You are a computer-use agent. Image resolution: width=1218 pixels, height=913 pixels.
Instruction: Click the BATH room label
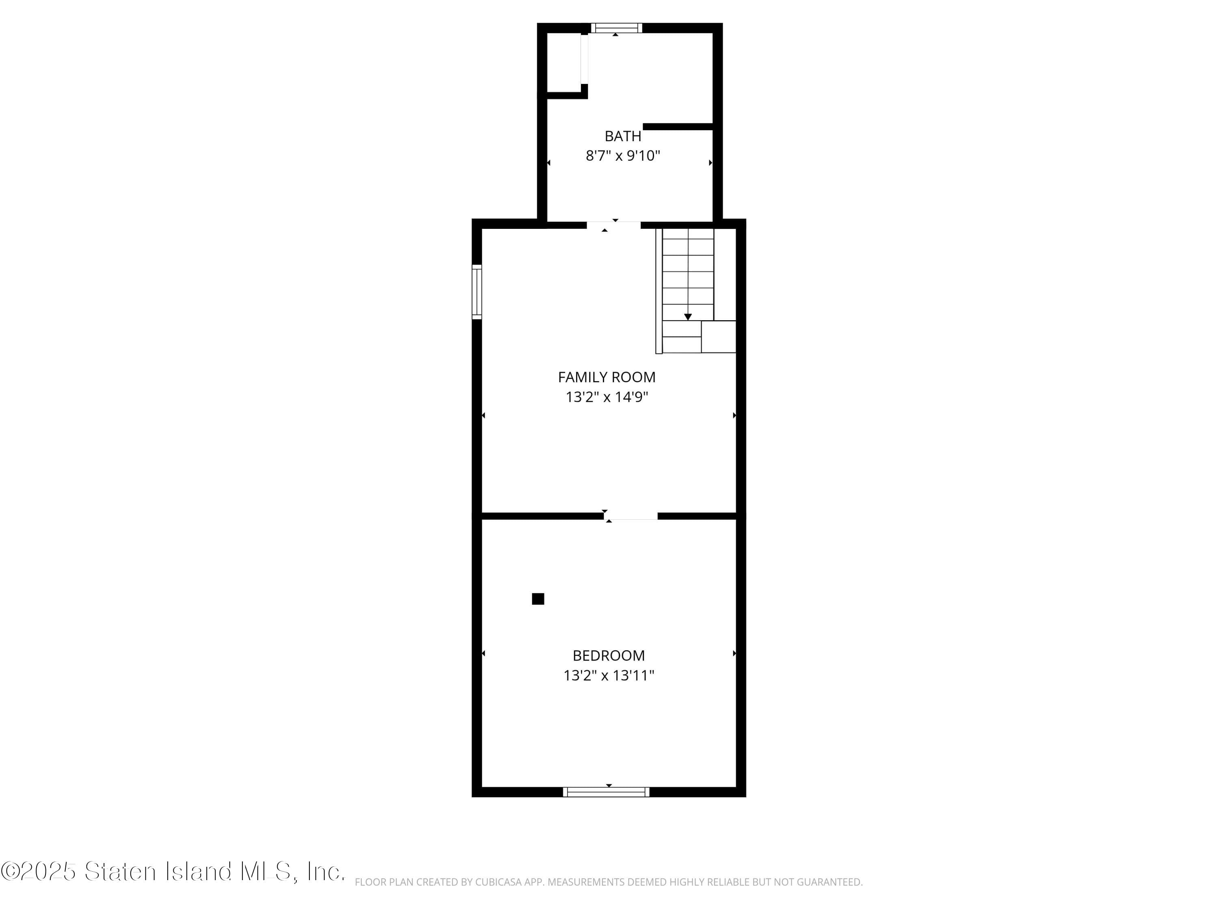click(x=623, y=136)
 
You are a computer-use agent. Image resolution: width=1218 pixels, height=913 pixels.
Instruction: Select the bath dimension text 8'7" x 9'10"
click(x=623, y=156)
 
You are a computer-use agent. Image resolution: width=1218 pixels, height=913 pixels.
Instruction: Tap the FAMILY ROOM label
click(x=607, y=377)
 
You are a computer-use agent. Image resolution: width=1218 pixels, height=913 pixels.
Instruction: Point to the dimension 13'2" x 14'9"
click(x=607, y=397)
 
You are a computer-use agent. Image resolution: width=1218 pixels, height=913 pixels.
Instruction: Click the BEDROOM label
click(x=609, y=655)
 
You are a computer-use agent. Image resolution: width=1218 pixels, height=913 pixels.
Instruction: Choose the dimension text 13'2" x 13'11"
click(x=609, y=675)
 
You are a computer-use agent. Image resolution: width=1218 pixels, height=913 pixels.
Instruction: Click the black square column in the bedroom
click(x=538, y=599)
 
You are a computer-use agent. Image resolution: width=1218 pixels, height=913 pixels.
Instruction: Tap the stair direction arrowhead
click(x=688, y=317)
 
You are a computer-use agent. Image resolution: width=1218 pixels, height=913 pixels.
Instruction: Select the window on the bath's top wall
click(x=616, y=28)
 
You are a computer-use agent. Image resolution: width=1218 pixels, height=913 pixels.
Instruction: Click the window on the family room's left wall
click(x=477, y=292)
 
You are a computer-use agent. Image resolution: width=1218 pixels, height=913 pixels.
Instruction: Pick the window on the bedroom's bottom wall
click(x=606, y=792)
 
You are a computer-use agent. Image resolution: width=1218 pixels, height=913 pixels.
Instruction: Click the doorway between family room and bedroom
click(x=631, y=516)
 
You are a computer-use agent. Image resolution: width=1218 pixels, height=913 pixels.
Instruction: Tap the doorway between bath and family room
click(x=613, y=224)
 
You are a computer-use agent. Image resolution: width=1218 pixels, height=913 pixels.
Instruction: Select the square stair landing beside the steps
click(x=719, y=336)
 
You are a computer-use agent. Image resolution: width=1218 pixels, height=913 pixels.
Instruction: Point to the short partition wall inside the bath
click(x=678, y=127)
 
